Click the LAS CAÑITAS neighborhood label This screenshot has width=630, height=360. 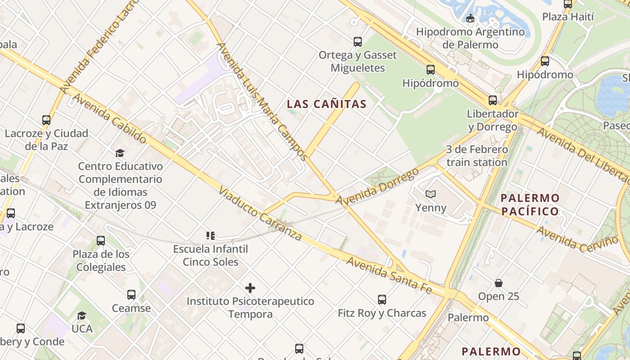click(x=327, y=104)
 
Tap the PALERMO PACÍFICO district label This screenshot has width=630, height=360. click(x=530, y=205)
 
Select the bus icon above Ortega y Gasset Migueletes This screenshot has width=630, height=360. click(x=358, y=42)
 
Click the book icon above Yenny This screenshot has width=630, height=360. click(x=431, y=194)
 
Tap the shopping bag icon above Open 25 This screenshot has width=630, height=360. click(x=498, y=283)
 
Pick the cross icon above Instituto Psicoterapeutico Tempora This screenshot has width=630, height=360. click(x=250, y=288)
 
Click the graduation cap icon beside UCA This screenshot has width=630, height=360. click(x=81, y=315)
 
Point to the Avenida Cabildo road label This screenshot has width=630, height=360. click(x=109, y=118)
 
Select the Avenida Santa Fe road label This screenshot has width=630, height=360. click(x=390, y=275)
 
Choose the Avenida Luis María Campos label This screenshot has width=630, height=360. click(x=262, y=101)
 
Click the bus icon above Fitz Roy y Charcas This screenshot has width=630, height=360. click(x=382, y=300)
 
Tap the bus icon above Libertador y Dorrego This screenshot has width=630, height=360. click(x=493, y=100)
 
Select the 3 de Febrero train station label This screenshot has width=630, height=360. click(x=477, y=156)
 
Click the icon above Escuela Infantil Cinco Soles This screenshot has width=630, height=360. click(x=210, y=235)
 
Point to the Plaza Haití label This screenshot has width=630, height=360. click(x=568, y=17)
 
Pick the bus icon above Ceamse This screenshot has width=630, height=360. click(x=131, y=295)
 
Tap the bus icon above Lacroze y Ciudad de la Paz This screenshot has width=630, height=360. click(x=46, y=120)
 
